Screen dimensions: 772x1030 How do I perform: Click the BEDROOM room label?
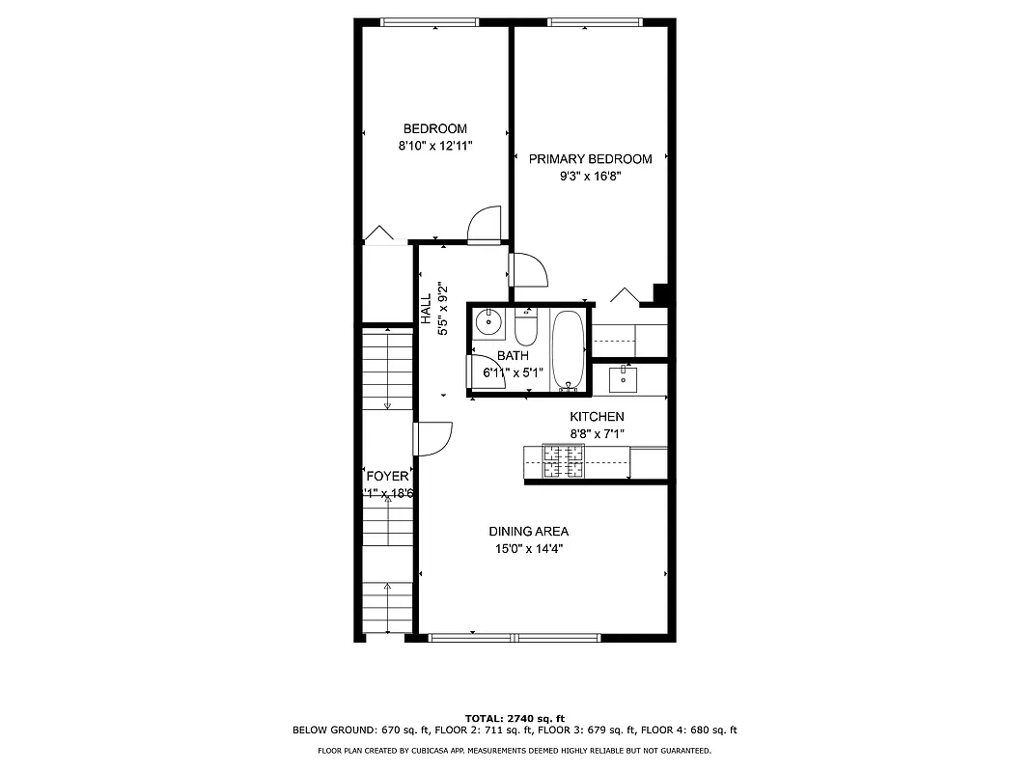pos(434,128)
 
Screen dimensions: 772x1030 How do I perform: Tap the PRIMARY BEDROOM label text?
pos(590,159)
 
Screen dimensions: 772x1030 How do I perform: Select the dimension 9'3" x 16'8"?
pos(590,177)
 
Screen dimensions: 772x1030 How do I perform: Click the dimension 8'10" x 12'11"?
pos(434,146)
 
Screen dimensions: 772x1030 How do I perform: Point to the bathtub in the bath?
pos(568,350)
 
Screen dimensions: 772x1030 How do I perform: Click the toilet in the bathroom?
pos(526,329)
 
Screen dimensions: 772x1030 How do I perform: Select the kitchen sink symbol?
pos(625,379)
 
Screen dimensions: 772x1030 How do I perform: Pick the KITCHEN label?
pos(596,417)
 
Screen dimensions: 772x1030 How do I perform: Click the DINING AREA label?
pos(528,531)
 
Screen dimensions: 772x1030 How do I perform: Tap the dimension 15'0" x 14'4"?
pos(528,548)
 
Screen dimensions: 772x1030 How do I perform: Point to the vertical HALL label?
pos(426,309)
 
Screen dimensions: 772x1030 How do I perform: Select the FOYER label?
pos(387,477)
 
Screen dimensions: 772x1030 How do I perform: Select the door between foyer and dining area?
pos(434,439)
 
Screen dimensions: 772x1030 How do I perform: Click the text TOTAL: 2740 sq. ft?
pos(515,718)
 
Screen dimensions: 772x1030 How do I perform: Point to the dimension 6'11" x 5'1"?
pos(513,372)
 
